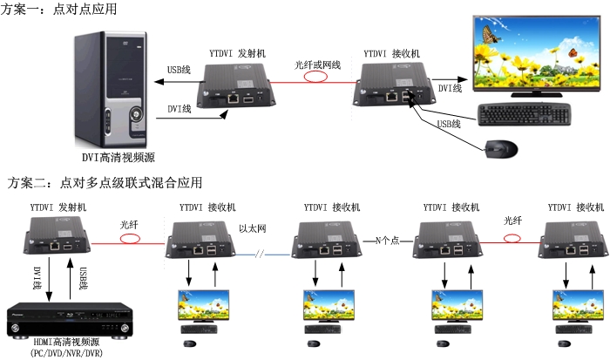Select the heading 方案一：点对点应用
click(x=60, y=9)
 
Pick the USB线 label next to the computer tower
click(x=179, y=70)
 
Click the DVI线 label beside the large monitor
click(x=450, y=88)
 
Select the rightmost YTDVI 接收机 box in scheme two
click(x=571, y=240)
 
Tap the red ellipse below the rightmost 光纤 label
click(x=513, y=238)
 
